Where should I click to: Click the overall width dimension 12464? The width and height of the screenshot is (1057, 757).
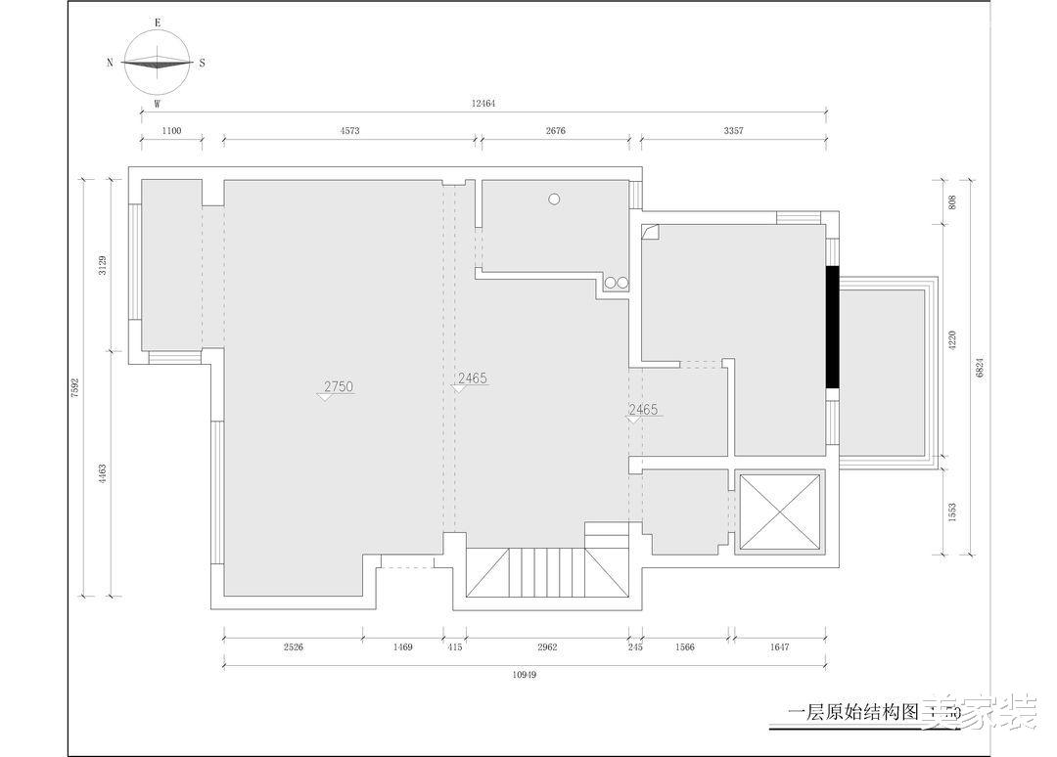click(x=484, y=103)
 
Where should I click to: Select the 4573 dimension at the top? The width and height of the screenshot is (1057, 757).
click(x=349, y=130)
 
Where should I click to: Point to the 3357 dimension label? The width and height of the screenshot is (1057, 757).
click(x=732, y=130)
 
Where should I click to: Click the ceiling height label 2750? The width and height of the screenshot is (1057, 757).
click(x=338, y=387)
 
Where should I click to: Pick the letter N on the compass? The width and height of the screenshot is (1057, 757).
click(x=110, y=63)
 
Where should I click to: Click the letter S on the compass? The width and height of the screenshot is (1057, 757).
click(x=202, y=63)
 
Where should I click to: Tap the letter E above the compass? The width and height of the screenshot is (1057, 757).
click(x=157, y=22)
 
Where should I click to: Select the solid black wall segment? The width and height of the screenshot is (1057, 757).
click(x=832, y=328)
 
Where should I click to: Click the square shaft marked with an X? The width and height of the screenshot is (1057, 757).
click(x=780, y=512)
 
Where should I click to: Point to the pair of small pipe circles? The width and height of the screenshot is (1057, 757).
click(x=617, y=284)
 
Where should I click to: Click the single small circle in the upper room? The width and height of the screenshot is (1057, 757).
click(x=554, y=199)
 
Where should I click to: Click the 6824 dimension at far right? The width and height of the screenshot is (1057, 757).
click(x=978, y=368)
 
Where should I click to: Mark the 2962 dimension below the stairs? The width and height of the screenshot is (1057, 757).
click(x=547, y=646)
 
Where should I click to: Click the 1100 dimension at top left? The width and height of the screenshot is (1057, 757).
click(x=171, y=130)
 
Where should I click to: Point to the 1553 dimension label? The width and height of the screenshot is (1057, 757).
click(x=951, y=512)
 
